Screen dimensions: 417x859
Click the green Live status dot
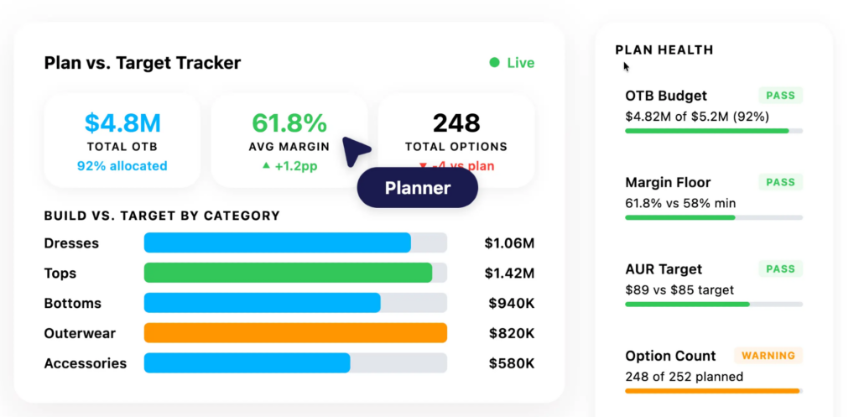[495, 63]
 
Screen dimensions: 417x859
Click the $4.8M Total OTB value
[122, 123]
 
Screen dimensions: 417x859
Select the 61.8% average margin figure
[289, 123]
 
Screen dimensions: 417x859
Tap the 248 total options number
[456, 123]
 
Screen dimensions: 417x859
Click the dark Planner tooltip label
[417, 188]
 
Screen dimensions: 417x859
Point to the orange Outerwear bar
[295, 333]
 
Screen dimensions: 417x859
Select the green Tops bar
[288, 273]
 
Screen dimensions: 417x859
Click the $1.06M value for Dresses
[509, 243]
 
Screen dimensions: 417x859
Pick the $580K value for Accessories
[512, 363]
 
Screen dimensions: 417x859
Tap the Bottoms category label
[73, 304]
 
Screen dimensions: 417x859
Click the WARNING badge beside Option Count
[768, 356]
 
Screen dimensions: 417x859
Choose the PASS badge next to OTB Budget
[780, 96]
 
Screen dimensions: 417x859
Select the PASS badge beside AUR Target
[780, 269]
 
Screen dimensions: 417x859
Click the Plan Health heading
[664, 50]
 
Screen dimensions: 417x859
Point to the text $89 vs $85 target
[679, 290]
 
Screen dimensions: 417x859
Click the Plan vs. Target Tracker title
[142, 63]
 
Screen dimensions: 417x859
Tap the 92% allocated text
[122, 166]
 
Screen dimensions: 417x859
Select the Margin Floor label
[668, 182]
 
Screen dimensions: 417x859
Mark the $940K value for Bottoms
[512, 304]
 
